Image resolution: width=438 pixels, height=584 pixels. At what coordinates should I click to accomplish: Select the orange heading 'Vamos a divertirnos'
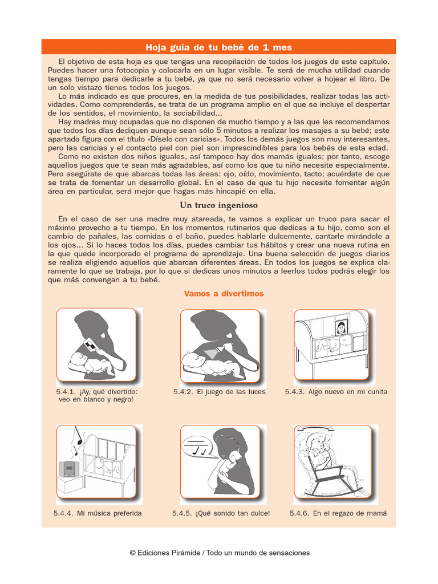(x=224, y=294)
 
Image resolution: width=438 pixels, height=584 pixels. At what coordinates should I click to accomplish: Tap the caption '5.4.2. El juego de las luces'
(x=219, y=392)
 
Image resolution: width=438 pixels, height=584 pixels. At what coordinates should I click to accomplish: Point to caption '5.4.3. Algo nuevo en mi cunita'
(x=336, y=392)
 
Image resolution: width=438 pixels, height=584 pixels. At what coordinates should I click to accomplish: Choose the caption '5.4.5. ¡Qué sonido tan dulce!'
(x=221, y=513)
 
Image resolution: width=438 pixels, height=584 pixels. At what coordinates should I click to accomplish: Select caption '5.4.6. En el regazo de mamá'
(x=338, y=513)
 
